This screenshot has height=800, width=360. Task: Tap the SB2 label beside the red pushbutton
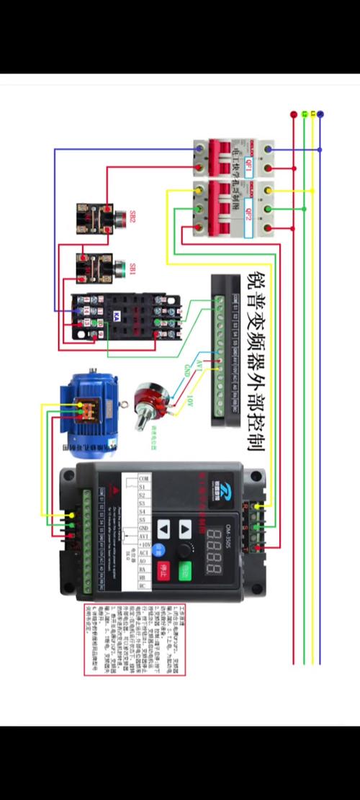point(132,216)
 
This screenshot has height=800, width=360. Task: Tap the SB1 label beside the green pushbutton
point(132,269)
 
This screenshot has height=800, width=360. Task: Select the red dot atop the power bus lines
point(293,114)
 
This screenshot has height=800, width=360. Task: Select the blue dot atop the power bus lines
point(320,114)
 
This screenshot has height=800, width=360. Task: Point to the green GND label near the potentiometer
point(188,369)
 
